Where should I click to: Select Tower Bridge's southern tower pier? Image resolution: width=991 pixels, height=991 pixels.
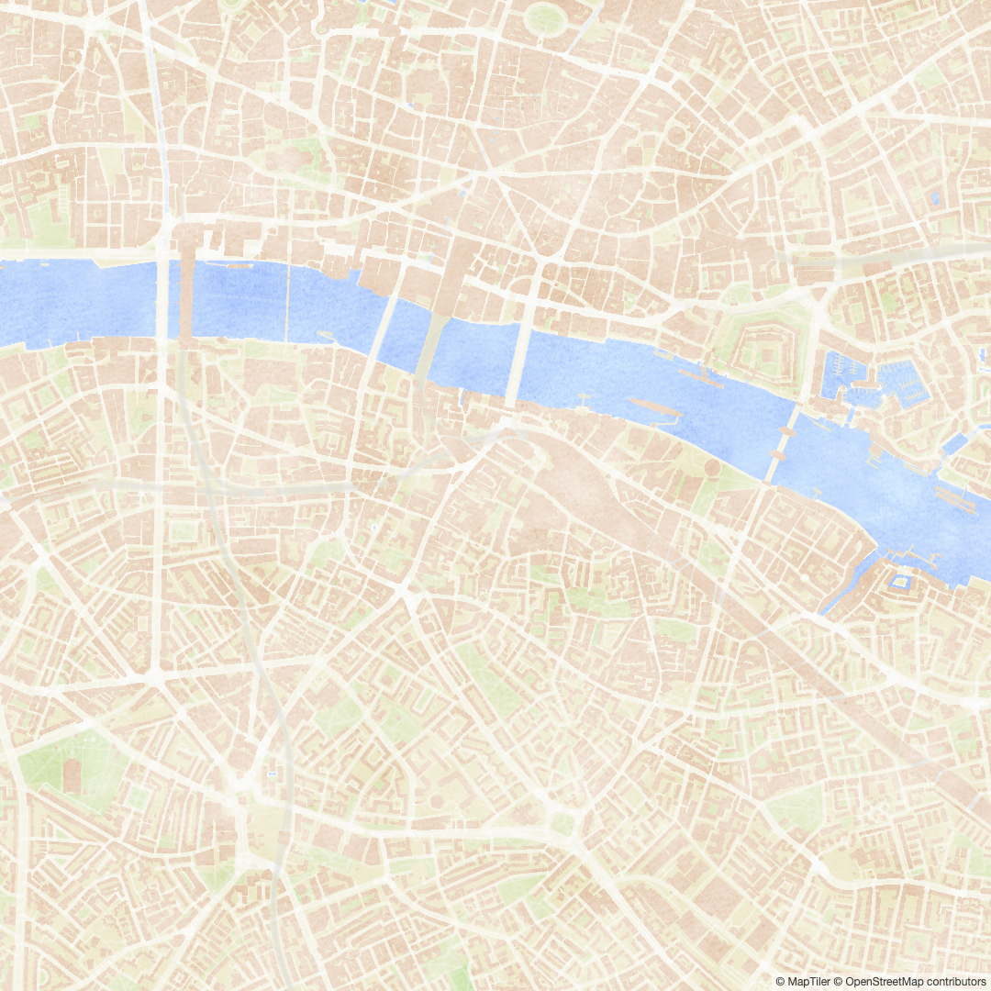click(x=774, y=462)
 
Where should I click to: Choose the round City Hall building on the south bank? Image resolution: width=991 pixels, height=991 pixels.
click(x=712, y=468)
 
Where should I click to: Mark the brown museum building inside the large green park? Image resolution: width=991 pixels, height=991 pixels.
click(x=72, y=776)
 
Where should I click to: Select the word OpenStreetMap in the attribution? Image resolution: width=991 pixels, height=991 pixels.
click(x=881, y=982)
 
